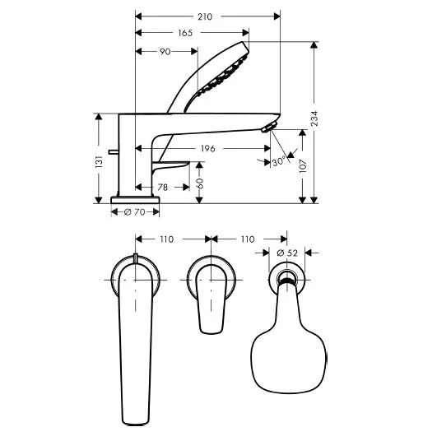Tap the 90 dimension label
coord(166,52)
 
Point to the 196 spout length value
coord(207,149)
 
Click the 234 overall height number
coord(317,121)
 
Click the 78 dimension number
coord(163,188)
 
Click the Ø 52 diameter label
coord(288,252)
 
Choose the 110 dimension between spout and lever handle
coord(167,239)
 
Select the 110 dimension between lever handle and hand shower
coord(246,239)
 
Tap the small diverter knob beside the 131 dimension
coord(112,154)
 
